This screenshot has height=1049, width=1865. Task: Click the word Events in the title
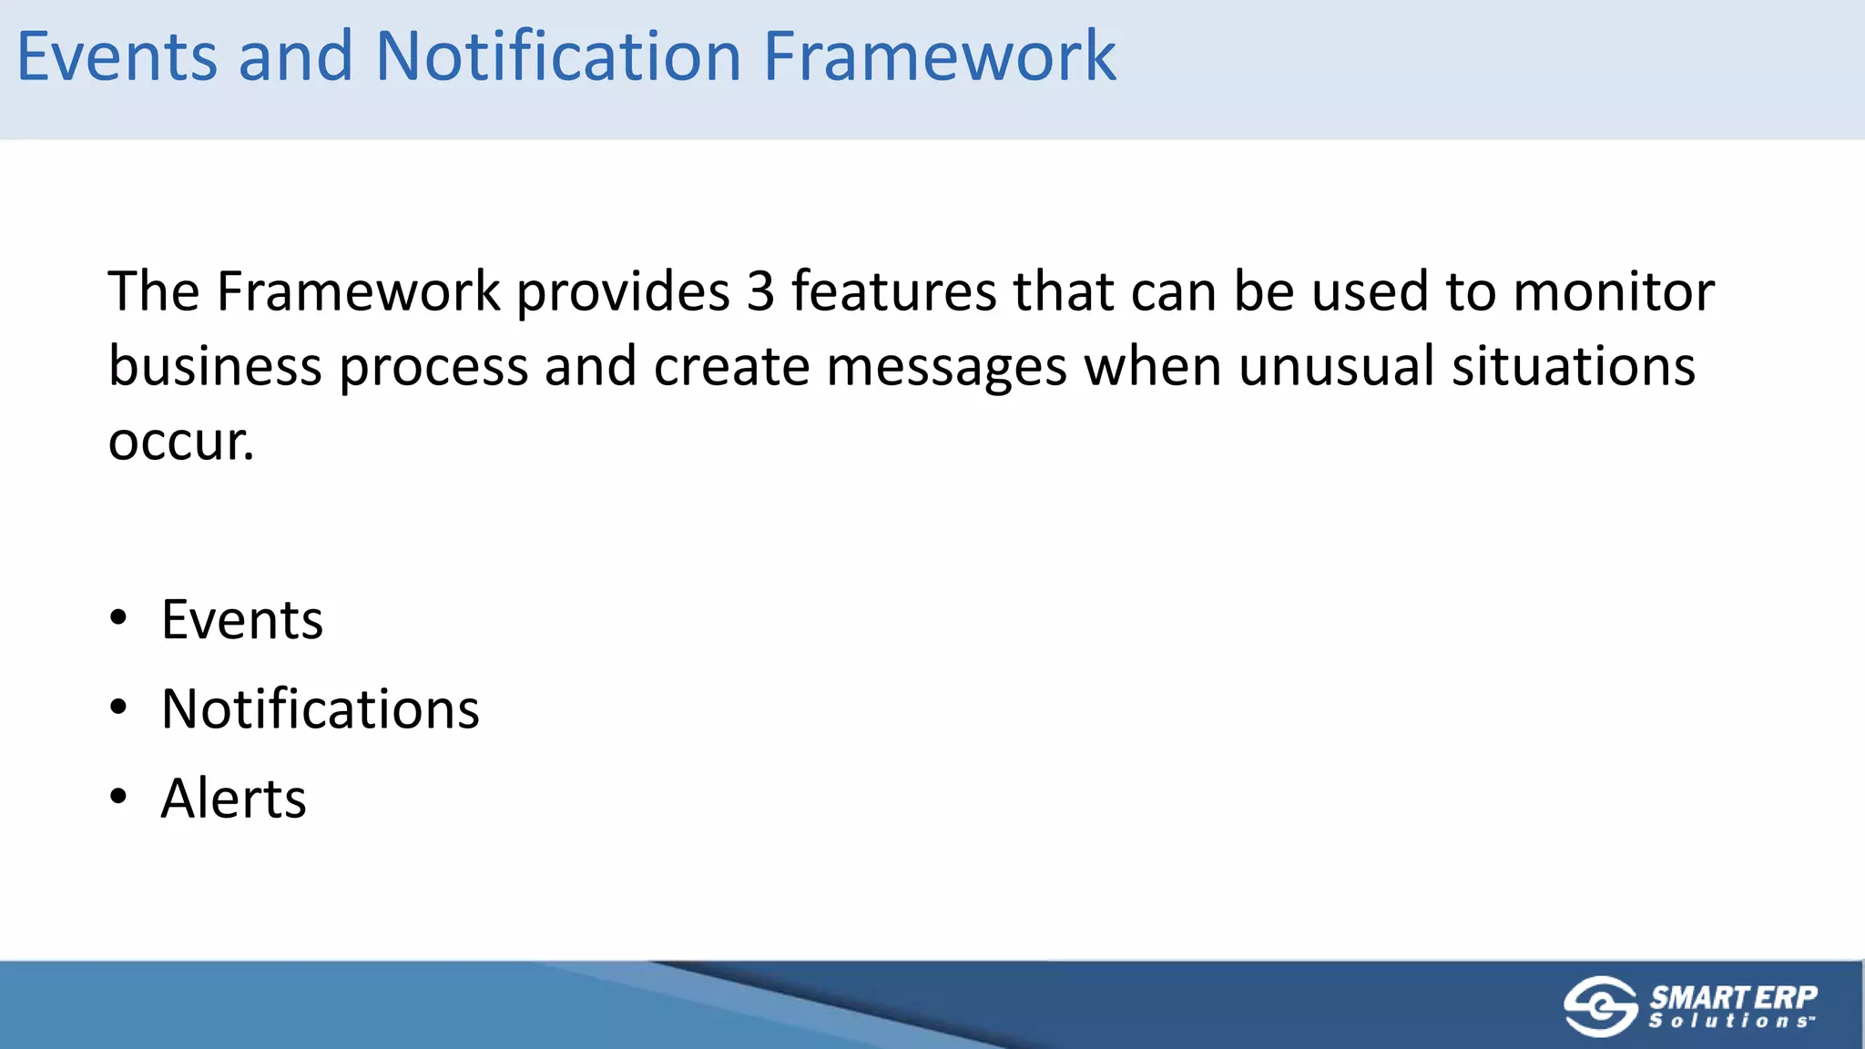[x=117, y=56]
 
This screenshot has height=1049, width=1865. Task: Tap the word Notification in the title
[x=558, y=56]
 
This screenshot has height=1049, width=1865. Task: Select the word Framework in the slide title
[x=939, y=56]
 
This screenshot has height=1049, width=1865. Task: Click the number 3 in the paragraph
[x=760, y=292]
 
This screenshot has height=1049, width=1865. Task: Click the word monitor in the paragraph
[x=1614, y=292]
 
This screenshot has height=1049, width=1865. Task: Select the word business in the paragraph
[x=215, y=367]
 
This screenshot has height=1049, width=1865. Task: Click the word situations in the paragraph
[x=1573, y=367]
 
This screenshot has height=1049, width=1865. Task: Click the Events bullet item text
[x=241, y=620]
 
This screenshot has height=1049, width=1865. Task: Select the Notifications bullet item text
[x=320, y=709]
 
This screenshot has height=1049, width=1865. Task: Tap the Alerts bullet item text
[x=233, y=799]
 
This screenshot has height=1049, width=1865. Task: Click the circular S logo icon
[x=1600, y=1006]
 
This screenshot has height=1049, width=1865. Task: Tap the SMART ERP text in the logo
[x=1733, y=997]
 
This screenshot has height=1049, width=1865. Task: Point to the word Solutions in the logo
[x=1729, y=1022]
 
